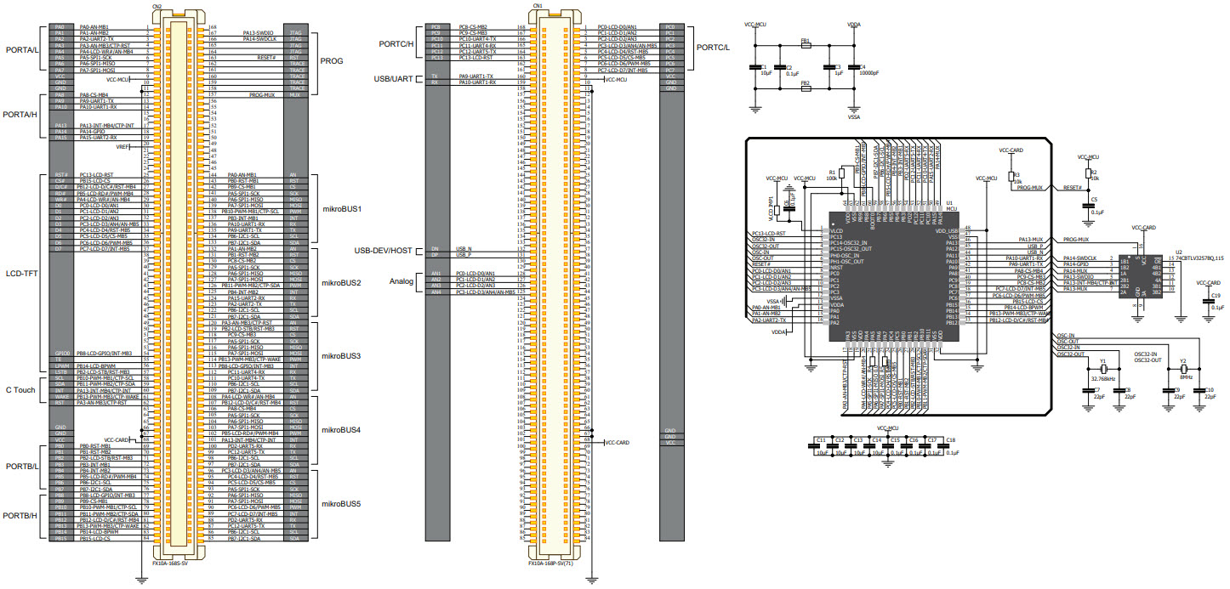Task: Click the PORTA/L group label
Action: point(23,49)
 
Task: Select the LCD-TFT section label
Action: point(21,274)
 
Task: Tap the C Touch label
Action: point(21,390)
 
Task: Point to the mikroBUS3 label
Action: point(341,356)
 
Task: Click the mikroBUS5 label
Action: point(341,505)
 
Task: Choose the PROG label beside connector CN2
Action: point(332,61)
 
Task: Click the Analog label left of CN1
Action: point(401,281)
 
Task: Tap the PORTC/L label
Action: point(713,47)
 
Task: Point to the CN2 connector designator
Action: point(157,7)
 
